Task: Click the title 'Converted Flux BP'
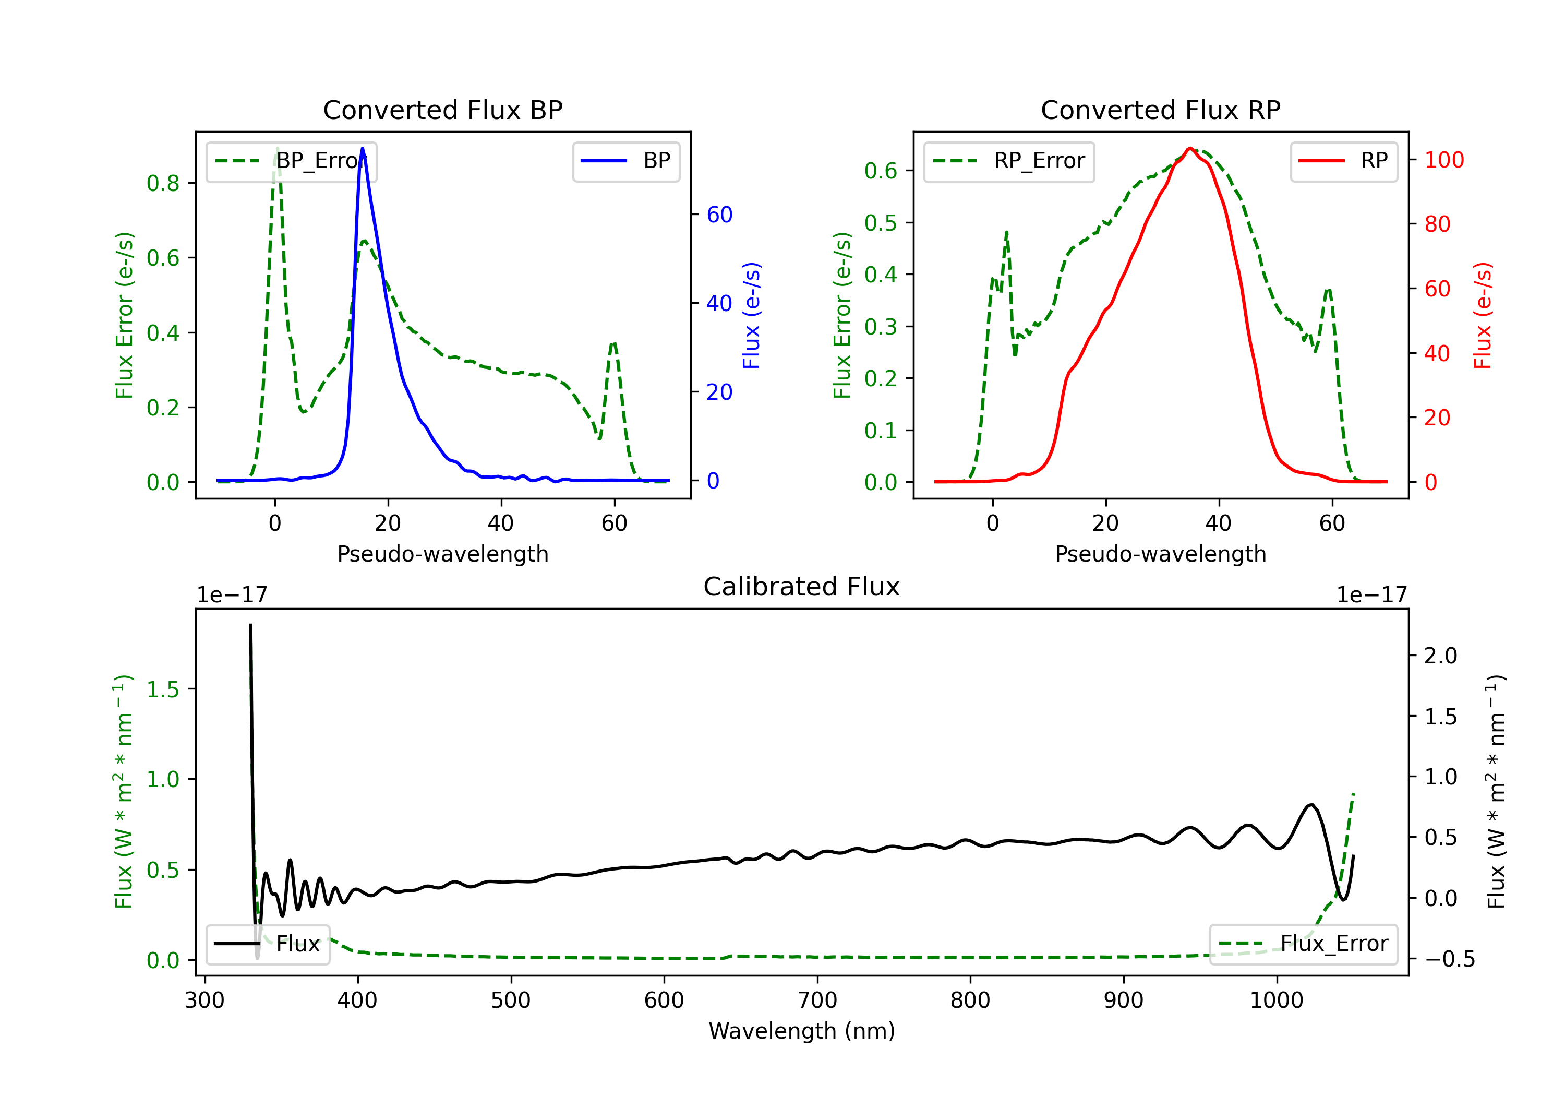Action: click(442, 110)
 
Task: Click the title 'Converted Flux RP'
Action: click(1160, 110)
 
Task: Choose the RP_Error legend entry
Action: click(1009, 161)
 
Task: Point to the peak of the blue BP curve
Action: click(362, 148)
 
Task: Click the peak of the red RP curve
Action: click(1189, 149)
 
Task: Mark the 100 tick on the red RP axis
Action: click(1443, 160)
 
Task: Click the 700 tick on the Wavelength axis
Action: click(817, 1000)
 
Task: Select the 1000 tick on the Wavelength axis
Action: click(1277, 1000)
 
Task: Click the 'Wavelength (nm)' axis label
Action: click(802, 1031)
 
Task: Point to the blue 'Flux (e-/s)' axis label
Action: click(751, 315)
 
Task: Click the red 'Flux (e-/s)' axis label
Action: click(1483, 315)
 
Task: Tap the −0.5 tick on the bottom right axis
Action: click(1449, 959)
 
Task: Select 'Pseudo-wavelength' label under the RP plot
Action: click(1160, 554)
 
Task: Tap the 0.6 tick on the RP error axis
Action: click(881, 171)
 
